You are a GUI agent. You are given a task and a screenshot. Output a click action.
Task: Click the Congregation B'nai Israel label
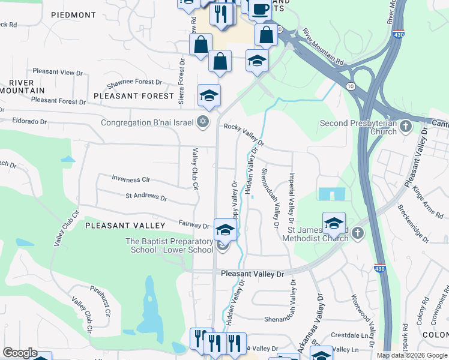pos(147,123)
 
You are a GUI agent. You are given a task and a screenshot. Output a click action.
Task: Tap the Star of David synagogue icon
pos(203,122)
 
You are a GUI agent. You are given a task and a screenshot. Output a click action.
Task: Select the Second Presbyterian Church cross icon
pos(406,126)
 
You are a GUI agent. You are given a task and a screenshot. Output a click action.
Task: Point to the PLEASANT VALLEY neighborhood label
pos(125,226)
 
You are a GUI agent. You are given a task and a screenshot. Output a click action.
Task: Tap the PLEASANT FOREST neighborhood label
pos(133,96)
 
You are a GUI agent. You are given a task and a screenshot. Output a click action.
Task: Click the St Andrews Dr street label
pos(146,196)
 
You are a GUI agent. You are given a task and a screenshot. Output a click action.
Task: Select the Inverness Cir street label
pos(131,179)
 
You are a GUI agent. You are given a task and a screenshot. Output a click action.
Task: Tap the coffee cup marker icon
pos(261,9)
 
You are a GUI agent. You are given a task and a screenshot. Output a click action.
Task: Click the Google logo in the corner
pos(20,353)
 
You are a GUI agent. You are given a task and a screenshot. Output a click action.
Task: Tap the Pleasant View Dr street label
pos(58,72)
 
